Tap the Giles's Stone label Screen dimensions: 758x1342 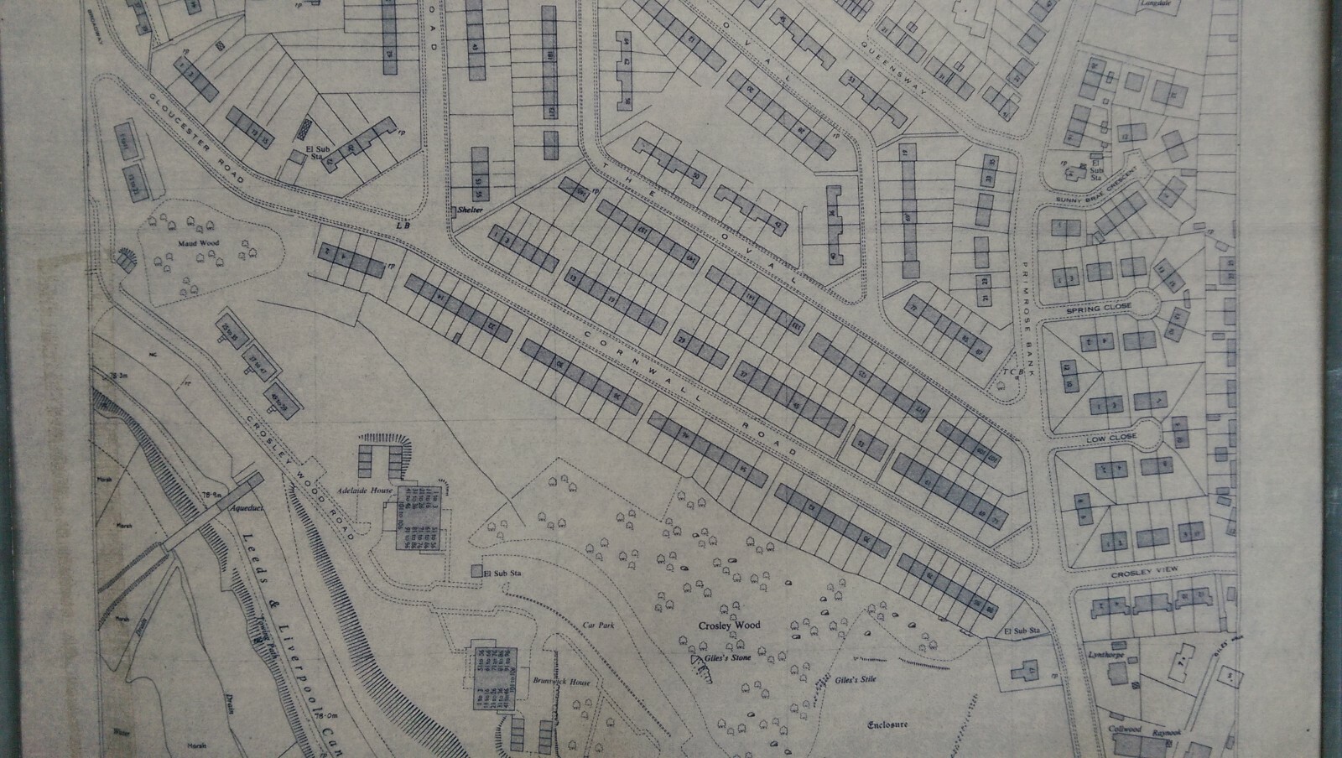click(x=727, y=657)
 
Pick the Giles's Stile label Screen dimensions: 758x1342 click(x=855, y=679)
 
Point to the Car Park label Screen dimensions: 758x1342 click(x=594, y=625)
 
